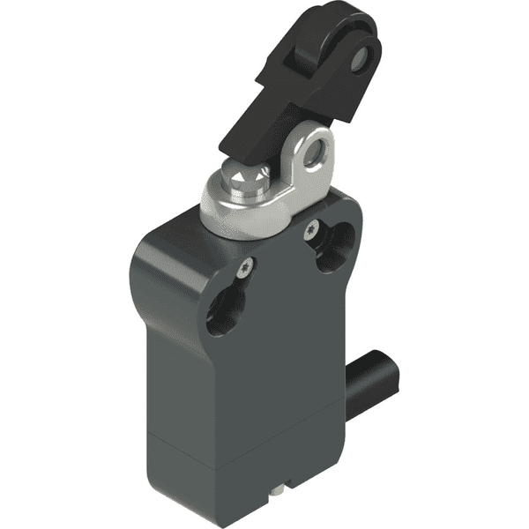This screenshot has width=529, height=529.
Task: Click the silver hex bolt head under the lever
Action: point(248,182)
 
